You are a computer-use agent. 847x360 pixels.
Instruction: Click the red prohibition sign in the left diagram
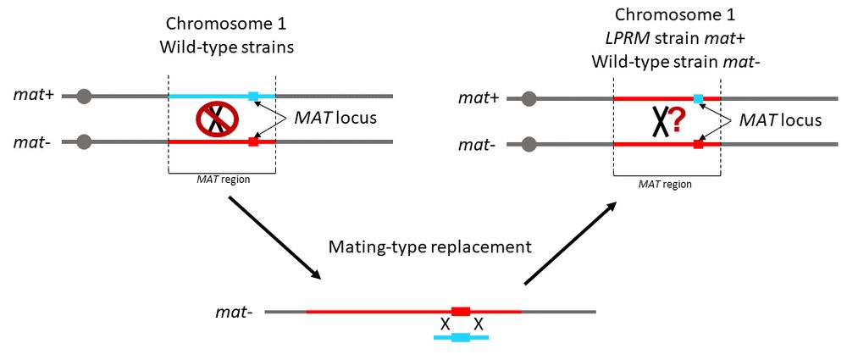(x=217, y=119)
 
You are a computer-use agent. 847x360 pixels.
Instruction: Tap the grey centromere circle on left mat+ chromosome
(x=83, y=97)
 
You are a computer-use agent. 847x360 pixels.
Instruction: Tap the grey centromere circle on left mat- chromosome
(x=83, y=141)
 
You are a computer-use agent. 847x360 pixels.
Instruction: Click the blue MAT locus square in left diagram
(x=252, y=97)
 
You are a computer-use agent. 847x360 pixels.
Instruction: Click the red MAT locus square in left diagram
(x=252, y=141)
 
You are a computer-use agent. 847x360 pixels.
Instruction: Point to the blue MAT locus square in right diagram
(x=698, y=99)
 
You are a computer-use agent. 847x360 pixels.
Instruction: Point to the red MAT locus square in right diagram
(x=698, y=145)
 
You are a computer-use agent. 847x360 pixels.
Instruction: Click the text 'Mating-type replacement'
(x=429, y=247)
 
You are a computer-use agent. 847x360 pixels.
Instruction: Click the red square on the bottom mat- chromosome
(x=461, y=312)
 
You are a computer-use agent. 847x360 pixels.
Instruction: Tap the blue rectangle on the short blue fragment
(x=461, y=337)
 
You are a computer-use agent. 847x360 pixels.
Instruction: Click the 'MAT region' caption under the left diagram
(x=223, y=179)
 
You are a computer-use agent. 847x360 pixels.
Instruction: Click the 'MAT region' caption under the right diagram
(x=667, y=182)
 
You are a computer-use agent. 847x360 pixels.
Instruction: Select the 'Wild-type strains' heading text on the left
(x=226, y=47)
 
